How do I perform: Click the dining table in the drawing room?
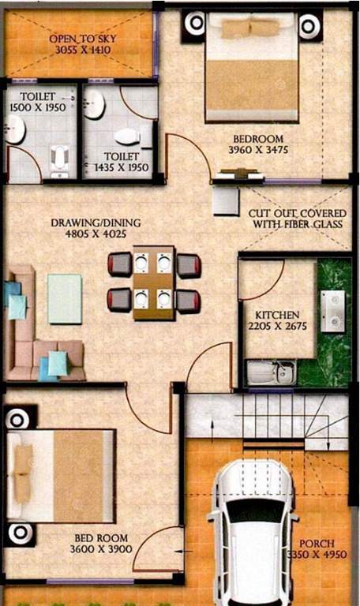tap(153, 282)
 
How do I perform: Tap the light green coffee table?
tap(64, 298)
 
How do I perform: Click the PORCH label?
tap(316, 544)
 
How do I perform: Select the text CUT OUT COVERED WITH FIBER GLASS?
tap(294, 219)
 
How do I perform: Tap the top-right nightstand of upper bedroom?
tap(310, 24)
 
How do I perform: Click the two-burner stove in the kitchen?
tap(332, 310)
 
